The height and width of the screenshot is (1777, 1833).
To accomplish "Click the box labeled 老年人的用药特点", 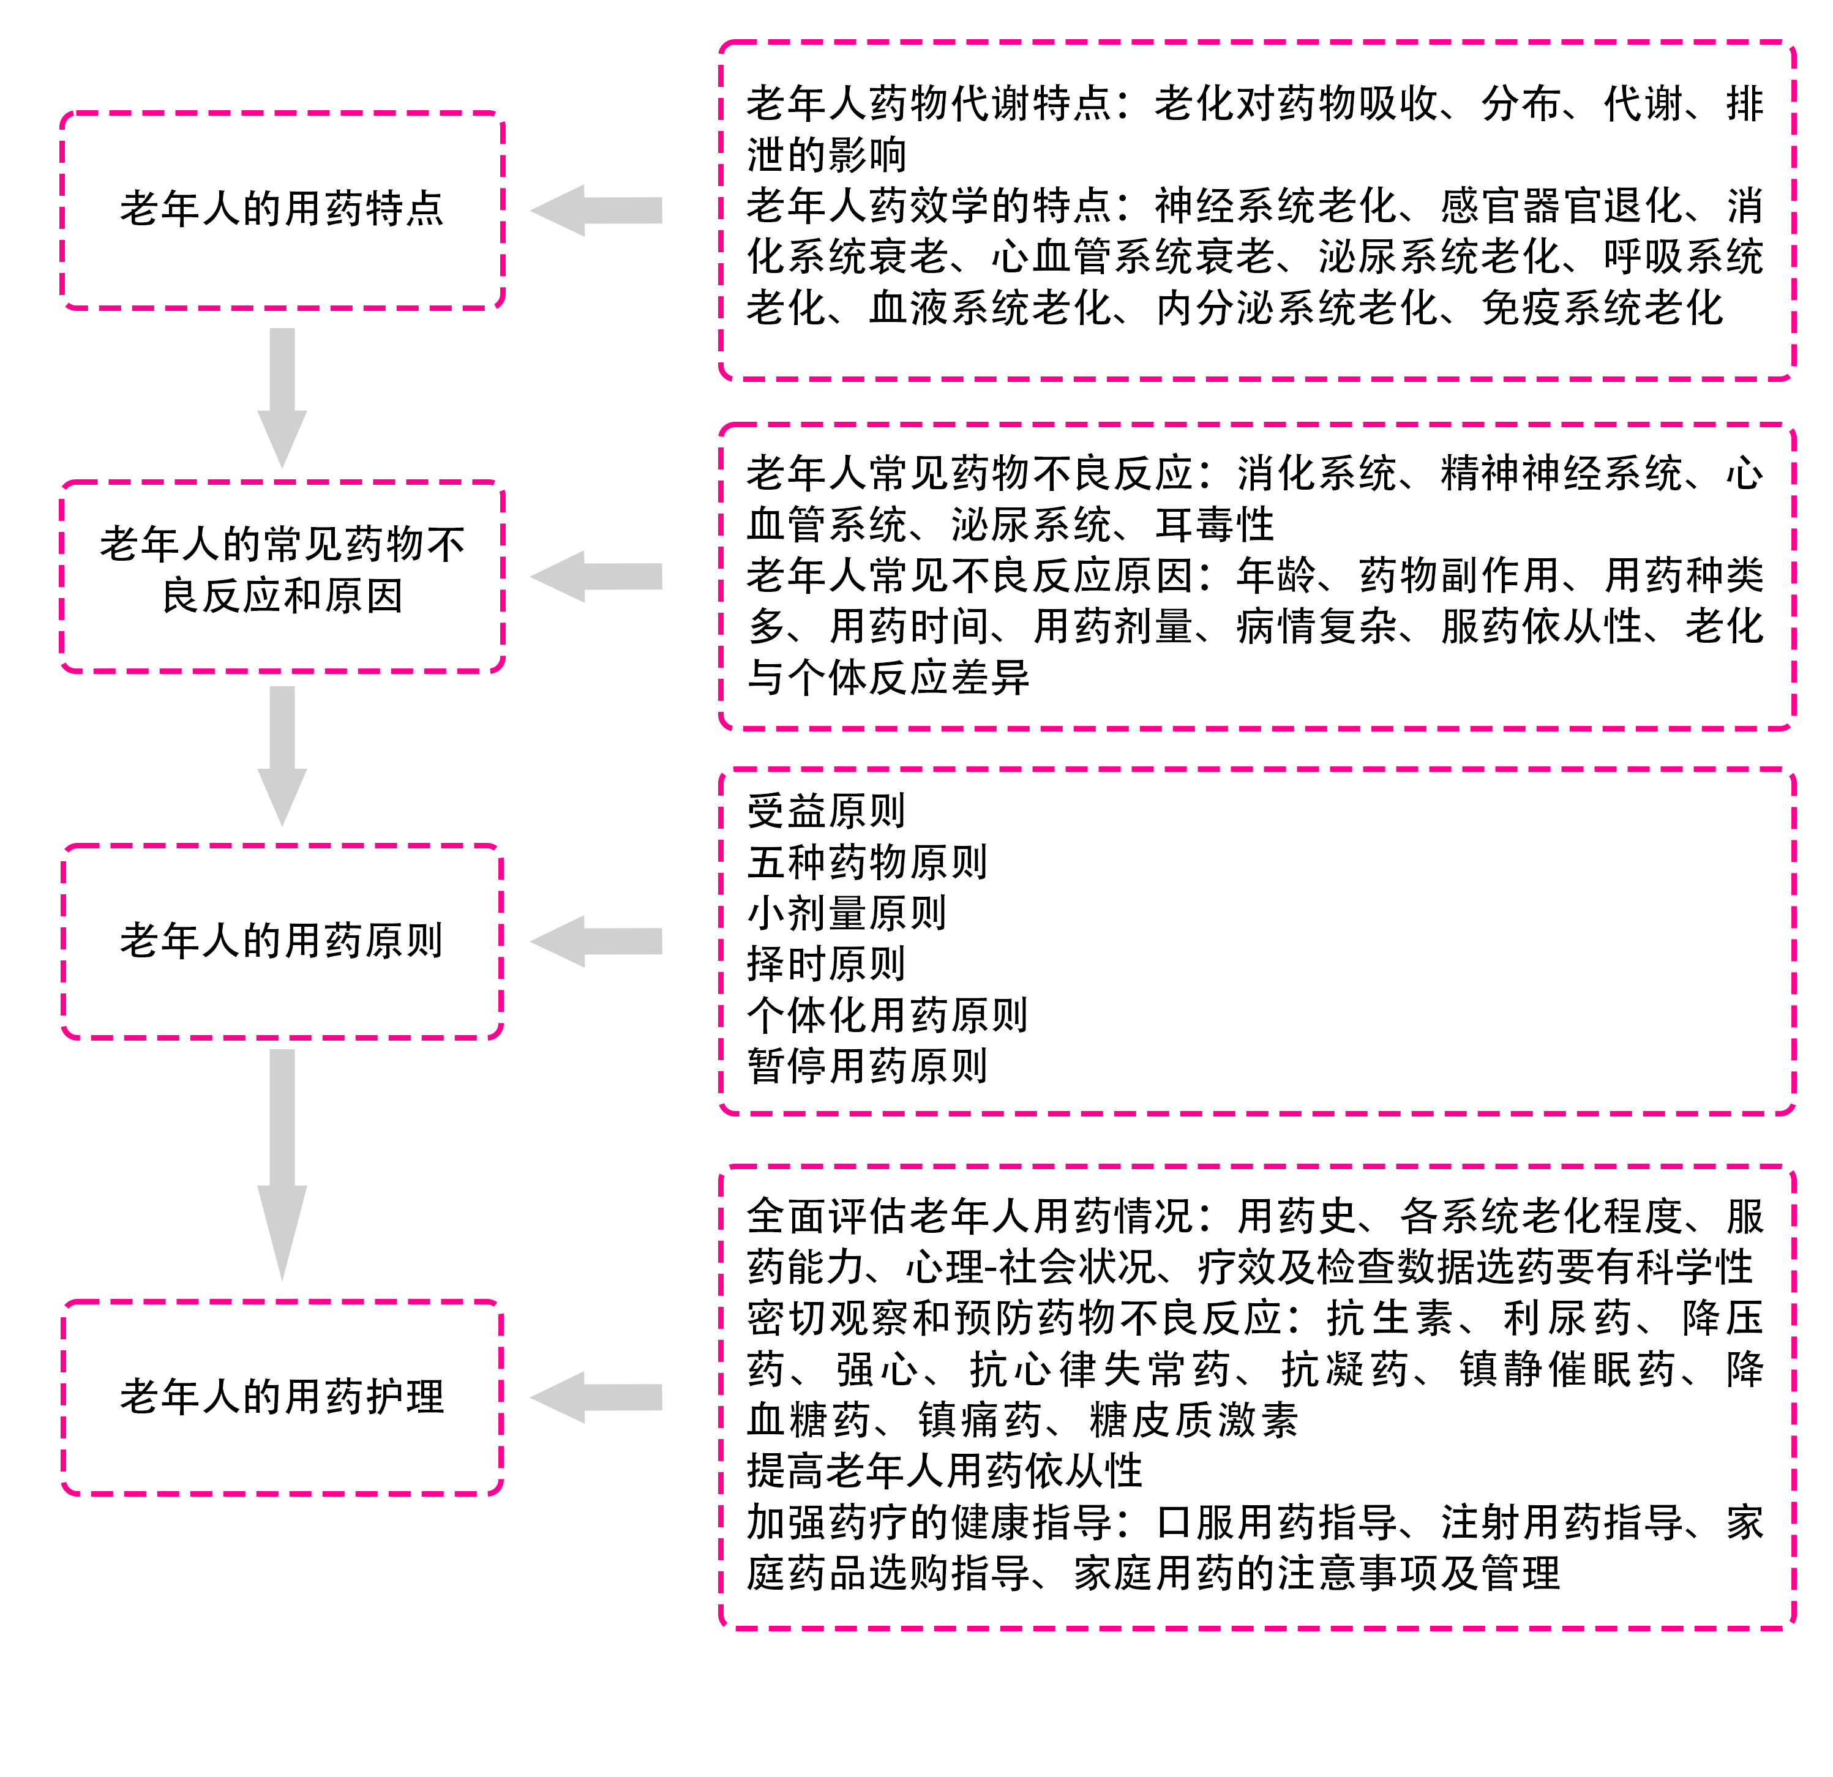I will click(x=282, y=209).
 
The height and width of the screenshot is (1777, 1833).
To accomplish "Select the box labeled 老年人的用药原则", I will click(x=282, y=941).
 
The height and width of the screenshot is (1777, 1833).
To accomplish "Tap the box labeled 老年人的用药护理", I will click(x=282, y=1397).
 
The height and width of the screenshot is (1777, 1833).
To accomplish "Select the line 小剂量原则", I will click(x=846, y=913).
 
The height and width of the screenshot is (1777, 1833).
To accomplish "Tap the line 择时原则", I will click(x=826, y=964).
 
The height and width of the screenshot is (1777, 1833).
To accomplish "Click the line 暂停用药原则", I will click(x=867, y=1066).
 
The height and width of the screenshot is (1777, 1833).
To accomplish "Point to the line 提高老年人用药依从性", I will click(x=945, y=1471).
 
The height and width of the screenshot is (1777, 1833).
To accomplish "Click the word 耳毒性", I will click(x=1215, y=525).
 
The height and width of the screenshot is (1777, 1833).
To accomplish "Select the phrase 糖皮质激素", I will click(x=1194, y=1420).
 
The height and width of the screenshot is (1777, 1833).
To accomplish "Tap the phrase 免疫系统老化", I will click(x=1602, y=309).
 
